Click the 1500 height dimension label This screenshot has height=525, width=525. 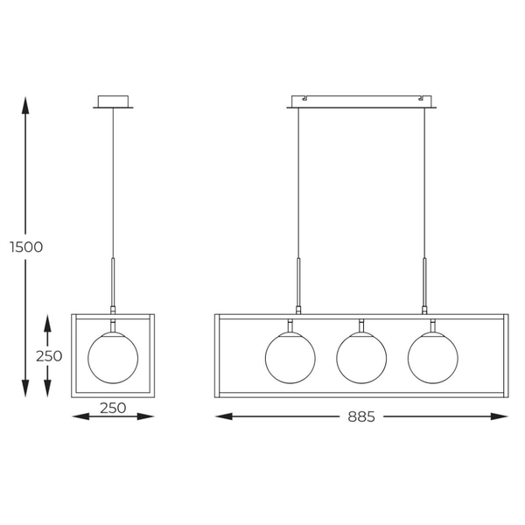26,247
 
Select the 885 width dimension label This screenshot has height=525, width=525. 360,417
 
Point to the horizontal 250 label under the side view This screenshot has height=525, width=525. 114,408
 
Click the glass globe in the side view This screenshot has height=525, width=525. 113,358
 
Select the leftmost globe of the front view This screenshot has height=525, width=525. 290,358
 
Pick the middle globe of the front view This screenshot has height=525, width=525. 361,358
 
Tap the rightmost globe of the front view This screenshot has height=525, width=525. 432,358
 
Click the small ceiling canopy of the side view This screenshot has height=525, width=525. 114,102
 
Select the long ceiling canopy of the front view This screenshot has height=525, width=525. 362,102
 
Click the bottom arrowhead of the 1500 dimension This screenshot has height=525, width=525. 26,391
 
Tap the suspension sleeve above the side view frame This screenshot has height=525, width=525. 113,282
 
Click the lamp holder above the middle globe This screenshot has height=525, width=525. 360,325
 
